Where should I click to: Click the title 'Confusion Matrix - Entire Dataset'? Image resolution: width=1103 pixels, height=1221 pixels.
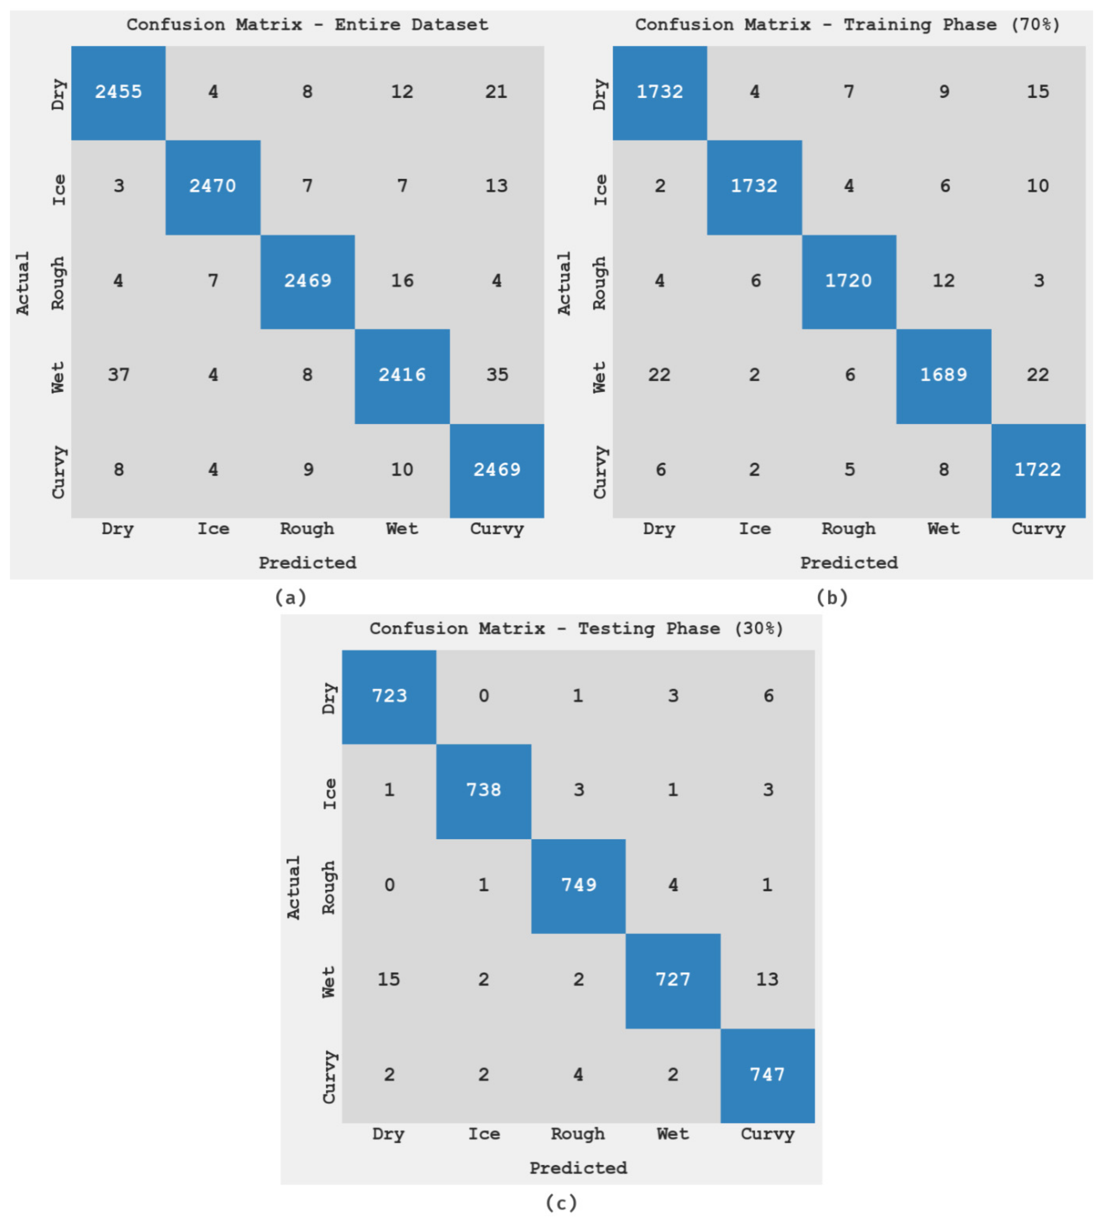click(307, 25)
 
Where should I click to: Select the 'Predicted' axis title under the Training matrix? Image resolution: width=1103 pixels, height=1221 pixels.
click(849, 563)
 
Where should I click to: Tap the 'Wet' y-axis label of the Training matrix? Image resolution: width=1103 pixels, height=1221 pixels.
click(599, 377)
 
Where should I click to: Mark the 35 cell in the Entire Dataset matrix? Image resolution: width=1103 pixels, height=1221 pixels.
click(497, 375)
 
